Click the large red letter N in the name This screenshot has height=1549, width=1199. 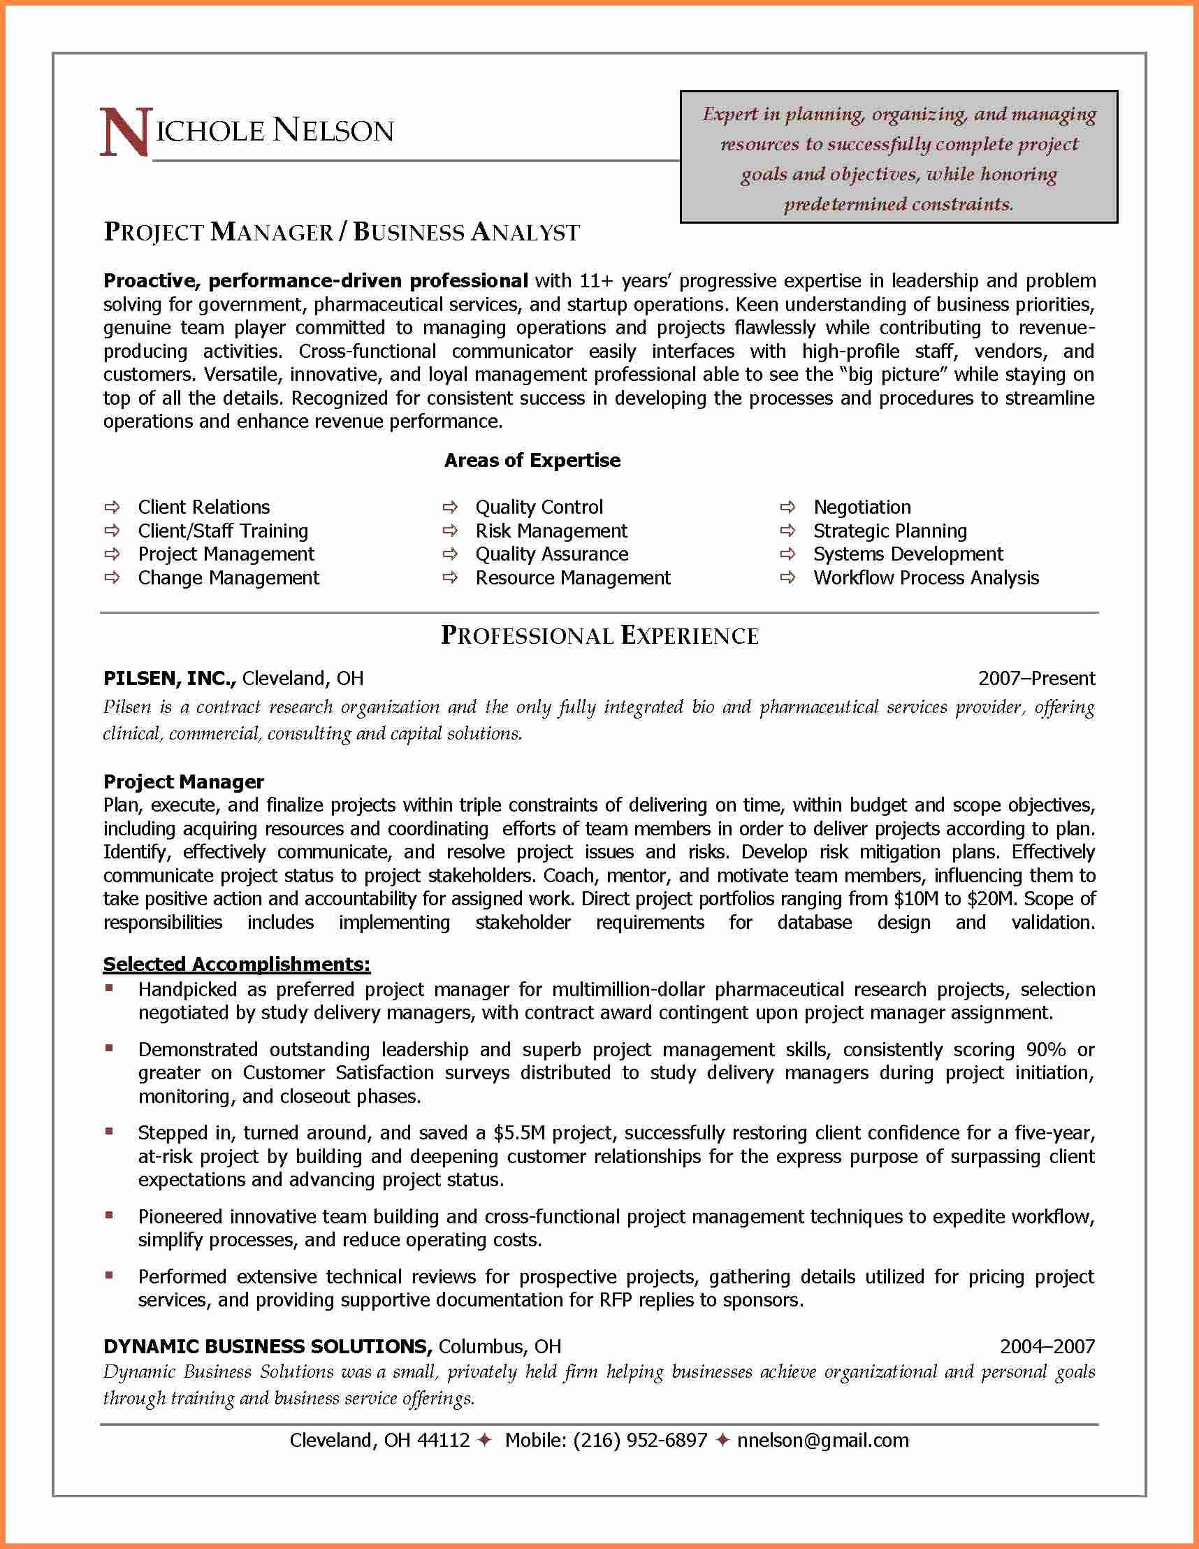coord(124,132)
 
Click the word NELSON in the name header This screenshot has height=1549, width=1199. coord(333,131)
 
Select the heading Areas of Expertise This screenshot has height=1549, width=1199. coord(532,461)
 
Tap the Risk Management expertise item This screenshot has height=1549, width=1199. coord(551,531)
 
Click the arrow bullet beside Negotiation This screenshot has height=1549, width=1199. coord(787,507)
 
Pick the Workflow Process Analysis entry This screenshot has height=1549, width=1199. coord(925,577)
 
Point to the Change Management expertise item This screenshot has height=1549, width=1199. coord(228,577)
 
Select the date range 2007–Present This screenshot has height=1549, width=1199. coord(1036,678)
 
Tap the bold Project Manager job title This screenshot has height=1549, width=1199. coord(184,781)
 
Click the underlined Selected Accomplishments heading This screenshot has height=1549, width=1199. coord(237,964)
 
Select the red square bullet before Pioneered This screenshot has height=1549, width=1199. coord(109,1216)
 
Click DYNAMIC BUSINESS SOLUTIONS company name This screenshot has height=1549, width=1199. coord(267,1346)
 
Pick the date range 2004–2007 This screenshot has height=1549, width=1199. coord(1047,1346)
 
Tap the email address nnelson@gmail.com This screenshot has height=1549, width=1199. coord(822,1440)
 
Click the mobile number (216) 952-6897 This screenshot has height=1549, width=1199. coord(639,1440)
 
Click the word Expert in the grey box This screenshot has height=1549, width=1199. coord(730,114)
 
